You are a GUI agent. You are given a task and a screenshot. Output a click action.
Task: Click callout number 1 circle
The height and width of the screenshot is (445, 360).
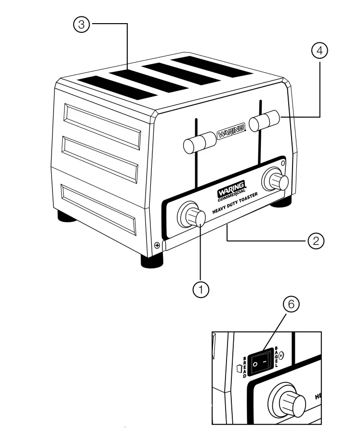coord(200,289)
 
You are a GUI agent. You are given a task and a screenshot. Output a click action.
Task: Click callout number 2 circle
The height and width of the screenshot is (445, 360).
coord(315,241)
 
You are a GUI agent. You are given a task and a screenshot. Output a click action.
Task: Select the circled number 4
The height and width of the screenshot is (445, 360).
coord(319,51)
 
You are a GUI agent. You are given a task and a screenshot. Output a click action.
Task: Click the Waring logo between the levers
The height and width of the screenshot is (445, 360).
coord(230,131)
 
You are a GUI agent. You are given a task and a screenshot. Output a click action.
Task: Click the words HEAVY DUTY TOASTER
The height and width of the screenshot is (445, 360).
coord(236,204)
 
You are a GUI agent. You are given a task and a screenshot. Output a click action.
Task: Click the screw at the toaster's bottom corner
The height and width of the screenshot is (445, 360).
coord(157,245)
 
